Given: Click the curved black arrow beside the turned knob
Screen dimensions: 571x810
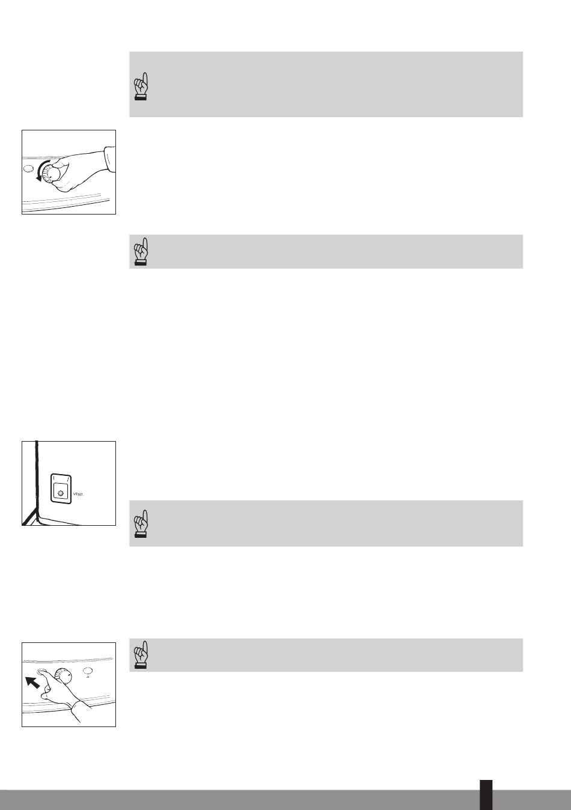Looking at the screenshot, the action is coord(40,171).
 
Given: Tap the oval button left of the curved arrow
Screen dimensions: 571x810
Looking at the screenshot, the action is coord(28,168).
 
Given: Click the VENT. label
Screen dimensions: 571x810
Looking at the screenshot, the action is coord(79,495).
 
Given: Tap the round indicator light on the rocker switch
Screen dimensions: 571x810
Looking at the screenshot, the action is coord(60,493).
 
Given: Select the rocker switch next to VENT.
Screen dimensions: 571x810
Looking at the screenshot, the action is coord(61,488).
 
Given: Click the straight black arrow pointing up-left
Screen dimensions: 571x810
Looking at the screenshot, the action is coord(32,683).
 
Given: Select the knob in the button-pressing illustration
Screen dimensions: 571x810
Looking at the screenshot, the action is coord(63,676).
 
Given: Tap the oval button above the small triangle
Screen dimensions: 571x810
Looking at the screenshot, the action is coord(88,671).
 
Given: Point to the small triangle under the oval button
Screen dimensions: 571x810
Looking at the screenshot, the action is coord(88,677).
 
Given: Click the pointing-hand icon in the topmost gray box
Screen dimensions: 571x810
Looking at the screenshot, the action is coord(141,86).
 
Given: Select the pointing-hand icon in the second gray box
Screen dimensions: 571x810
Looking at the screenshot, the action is coord(141,251).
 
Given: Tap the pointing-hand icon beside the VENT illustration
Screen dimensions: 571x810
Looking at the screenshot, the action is coord(141,523).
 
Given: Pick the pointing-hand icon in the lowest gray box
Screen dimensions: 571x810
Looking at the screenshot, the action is coord(141,655).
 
